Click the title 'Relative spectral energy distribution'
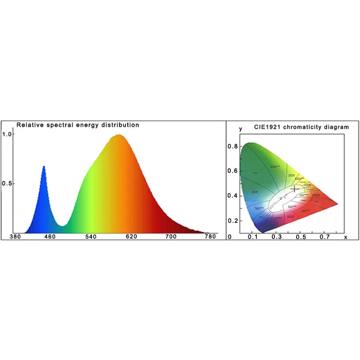pyautogui.click(x=78, y=125)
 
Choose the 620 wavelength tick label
pyautogui.click(x=131, y=236)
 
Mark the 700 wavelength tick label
pyautogui.click(x=171, y=236)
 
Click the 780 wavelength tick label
pyautogui.click(x=210, y=236)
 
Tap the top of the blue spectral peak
pyautogui.click(x=44, y=166)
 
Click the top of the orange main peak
pyautogui.click(x=119, y=135)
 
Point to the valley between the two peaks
pyautogui.click(x=63, y=225)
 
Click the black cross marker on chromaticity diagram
pyautogui.click(x=294, y=189)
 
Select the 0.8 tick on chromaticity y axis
pyautogui.click(x=232, y=146)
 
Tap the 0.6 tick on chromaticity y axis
pyautogui.click(x=232, y=171)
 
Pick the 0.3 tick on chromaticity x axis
pyautogui.click(x=276, y=237)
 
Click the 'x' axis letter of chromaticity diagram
pyautogui.click(x=346, y=237)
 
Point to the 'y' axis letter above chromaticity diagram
pyautogui.click(x=241, y=129)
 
